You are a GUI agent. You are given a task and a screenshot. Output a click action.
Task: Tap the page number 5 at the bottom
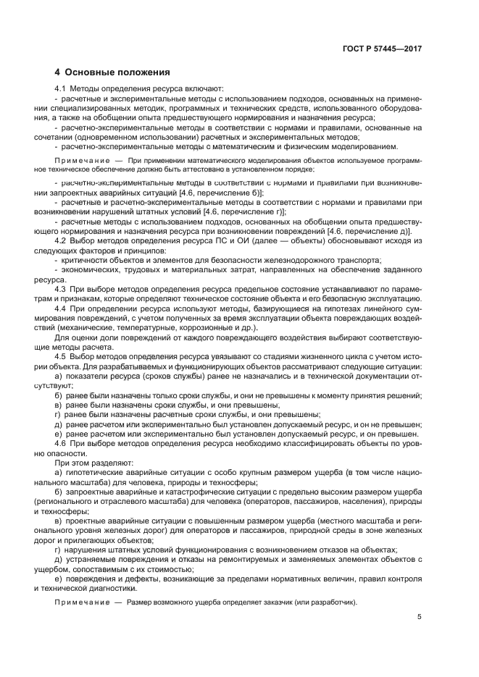point(419,617)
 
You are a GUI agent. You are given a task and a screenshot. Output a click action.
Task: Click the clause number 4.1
point(62,88)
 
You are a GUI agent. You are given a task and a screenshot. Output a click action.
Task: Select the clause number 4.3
point(62,289)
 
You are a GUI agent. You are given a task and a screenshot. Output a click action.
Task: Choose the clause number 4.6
point(62,442)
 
